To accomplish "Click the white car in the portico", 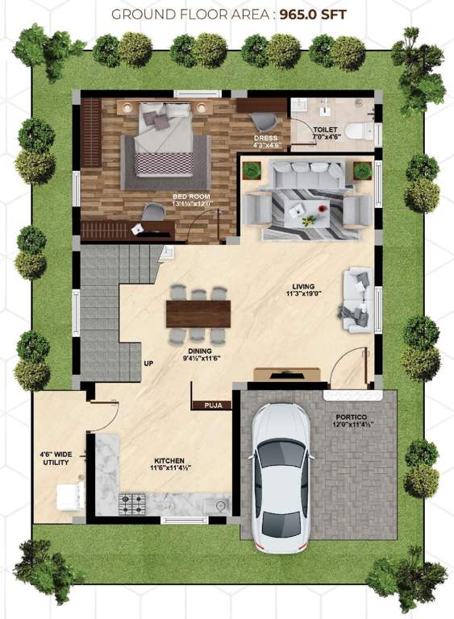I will pyautogui.click(x=279, y=477).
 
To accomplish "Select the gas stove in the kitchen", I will pyautogui.click(x=131, y=504).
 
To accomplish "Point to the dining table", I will pyautogui.click(x=198, y=313).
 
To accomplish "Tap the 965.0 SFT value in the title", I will pyautogui.click(x=318, y=14).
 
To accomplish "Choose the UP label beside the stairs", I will pyautogui.click(x=148, y=363).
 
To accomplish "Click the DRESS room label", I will pyautogui.click(x=266, y=138).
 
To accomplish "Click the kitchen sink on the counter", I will pyautogui.click(x=215, y=505).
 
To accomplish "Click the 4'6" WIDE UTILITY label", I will pyautogui.click(x=56, y=458).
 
